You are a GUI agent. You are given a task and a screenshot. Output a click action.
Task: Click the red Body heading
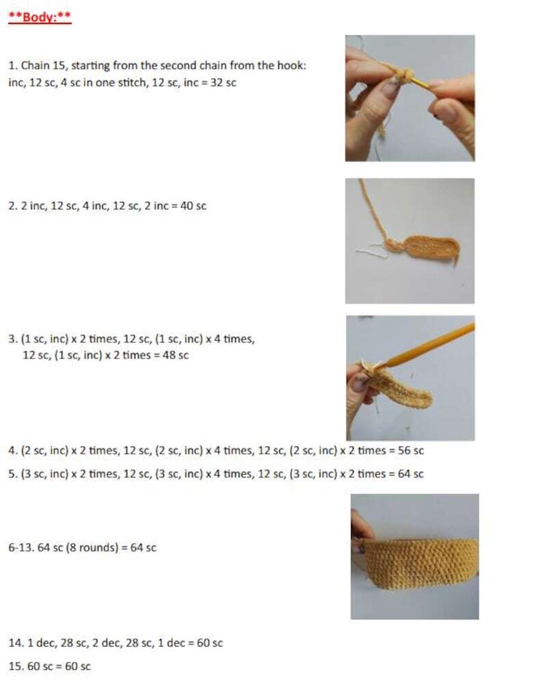[40, 16]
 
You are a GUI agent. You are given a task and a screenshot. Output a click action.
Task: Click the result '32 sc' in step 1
[223, 83]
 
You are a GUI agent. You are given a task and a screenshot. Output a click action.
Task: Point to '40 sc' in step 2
[194, 206]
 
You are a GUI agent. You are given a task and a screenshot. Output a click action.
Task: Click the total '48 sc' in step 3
[176, 355]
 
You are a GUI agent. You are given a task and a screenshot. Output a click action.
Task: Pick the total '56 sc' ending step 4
[411, 450]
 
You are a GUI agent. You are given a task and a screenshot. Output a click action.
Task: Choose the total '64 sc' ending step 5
[411, 473]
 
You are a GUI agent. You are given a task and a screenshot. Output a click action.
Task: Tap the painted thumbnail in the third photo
[360, 381]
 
